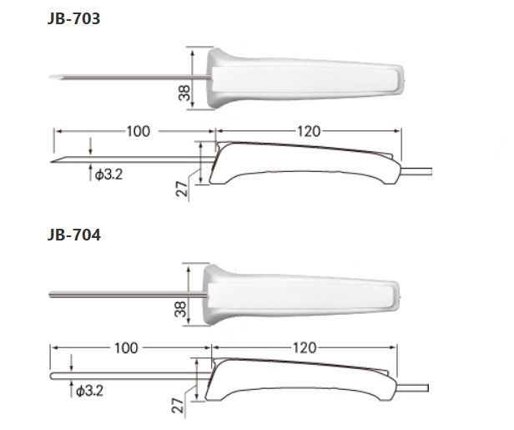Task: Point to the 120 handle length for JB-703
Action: coord(306,131)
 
